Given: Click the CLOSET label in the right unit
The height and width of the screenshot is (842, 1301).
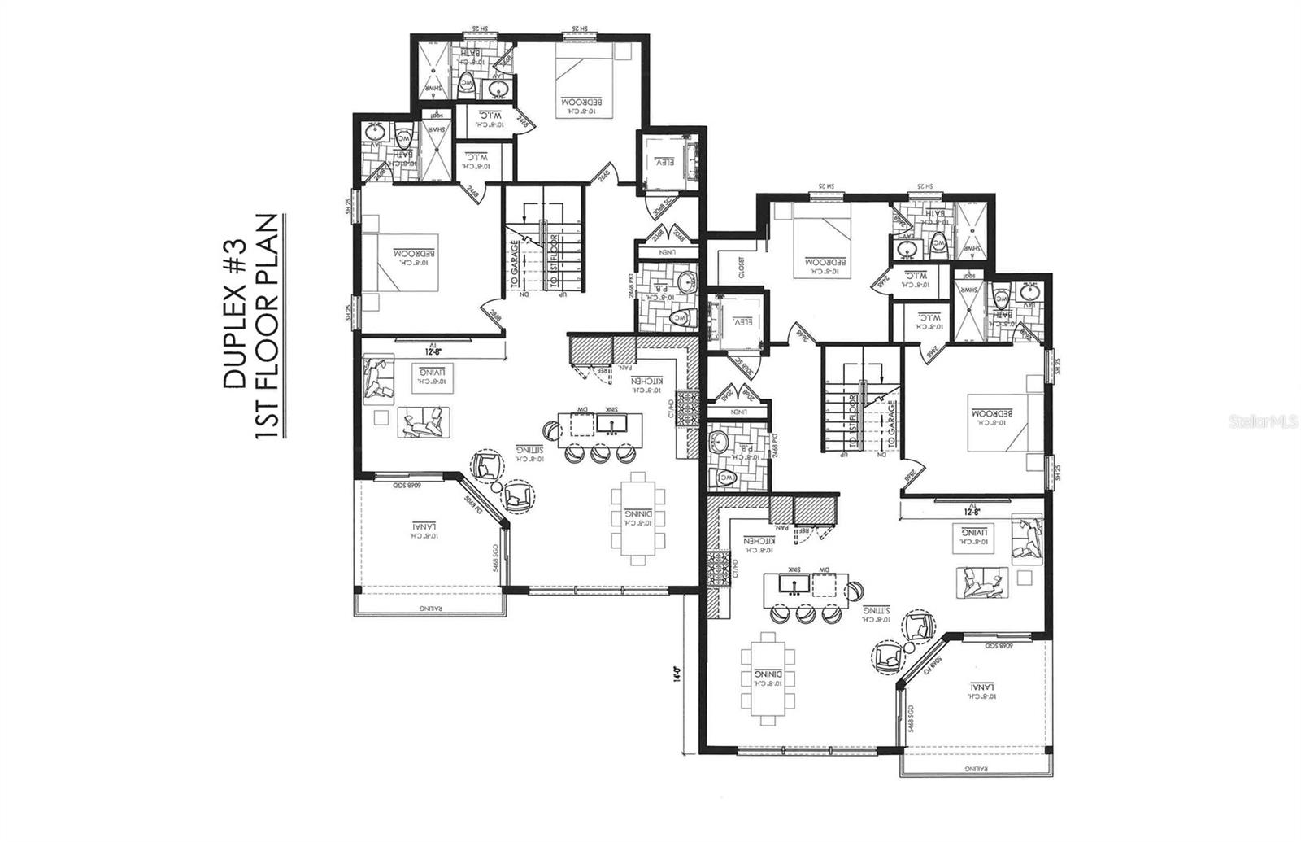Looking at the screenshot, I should tap(742, 268).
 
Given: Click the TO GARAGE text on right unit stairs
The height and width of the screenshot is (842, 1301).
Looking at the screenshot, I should tap(892, 424).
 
